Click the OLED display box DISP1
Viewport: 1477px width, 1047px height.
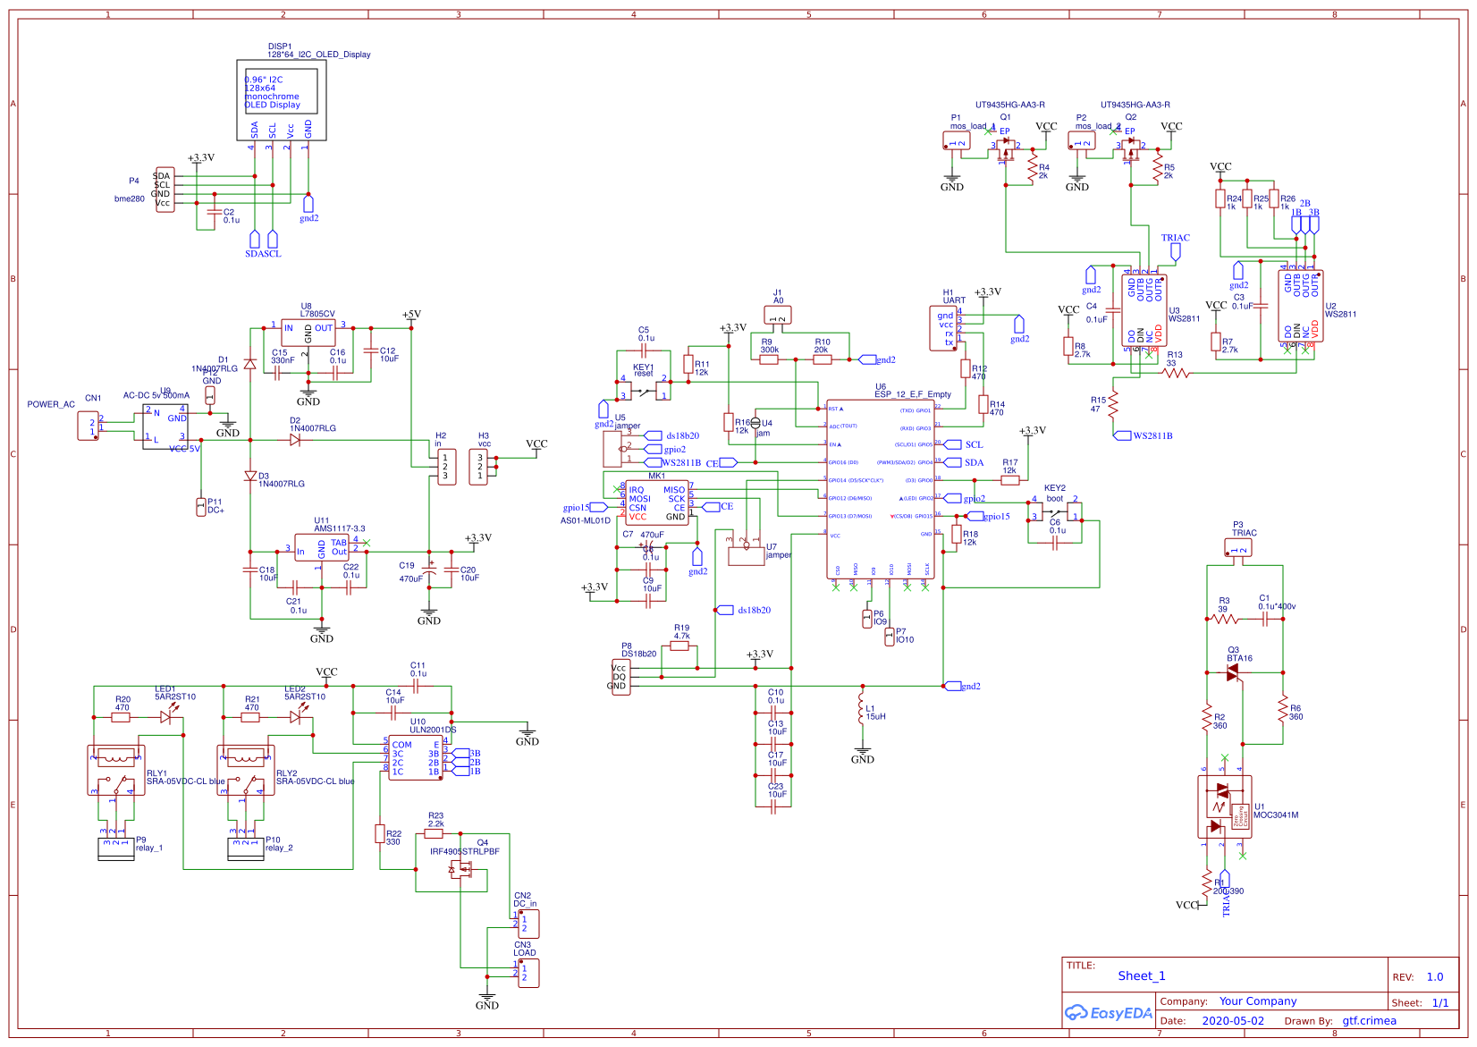pyautogui.click(x=281, y=99)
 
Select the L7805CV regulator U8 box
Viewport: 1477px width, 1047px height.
pyautogui.click(x=308, y=333)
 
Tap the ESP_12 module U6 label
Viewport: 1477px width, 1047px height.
pyautogui.click(x=912, y=394)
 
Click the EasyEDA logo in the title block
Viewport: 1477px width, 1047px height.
pyautogui.click(x=1108, y=1013)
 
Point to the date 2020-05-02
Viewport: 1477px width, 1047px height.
pyautogui.click(x=1232, y=1021)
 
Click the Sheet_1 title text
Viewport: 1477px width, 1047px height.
pyautogui.click(x=1141, y=975)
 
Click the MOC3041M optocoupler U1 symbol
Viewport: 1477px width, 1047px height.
pyautogui.click(x=1224, y=806)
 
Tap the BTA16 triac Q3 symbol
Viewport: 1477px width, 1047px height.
pyautogui.click(x=1233, y=672)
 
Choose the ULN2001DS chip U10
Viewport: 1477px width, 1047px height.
pyautogui.click(x=415, y=757)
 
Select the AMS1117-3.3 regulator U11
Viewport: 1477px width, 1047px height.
pyautogui.click(x=321, y=548)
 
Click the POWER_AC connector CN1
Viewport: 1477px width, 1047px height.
pyautogui.click(x=88, y=426)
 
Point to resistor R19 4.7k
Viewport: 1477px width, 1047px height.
pyautogui.click(x=680, y=646)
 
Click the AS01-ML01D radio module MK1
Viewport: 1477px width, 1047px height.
pyautogui.click(x=656, y=503)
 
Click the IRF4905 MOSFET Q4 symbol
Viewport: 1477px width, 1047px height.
pyautogui.click(x=461, y=869)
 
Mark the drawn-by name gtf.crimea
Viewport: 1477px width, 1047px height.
pyautogui.click(x=1368, y=1021)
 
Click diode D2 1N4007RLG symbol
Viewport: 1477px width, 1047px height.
pyautogui.click(x=295, y=440)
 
